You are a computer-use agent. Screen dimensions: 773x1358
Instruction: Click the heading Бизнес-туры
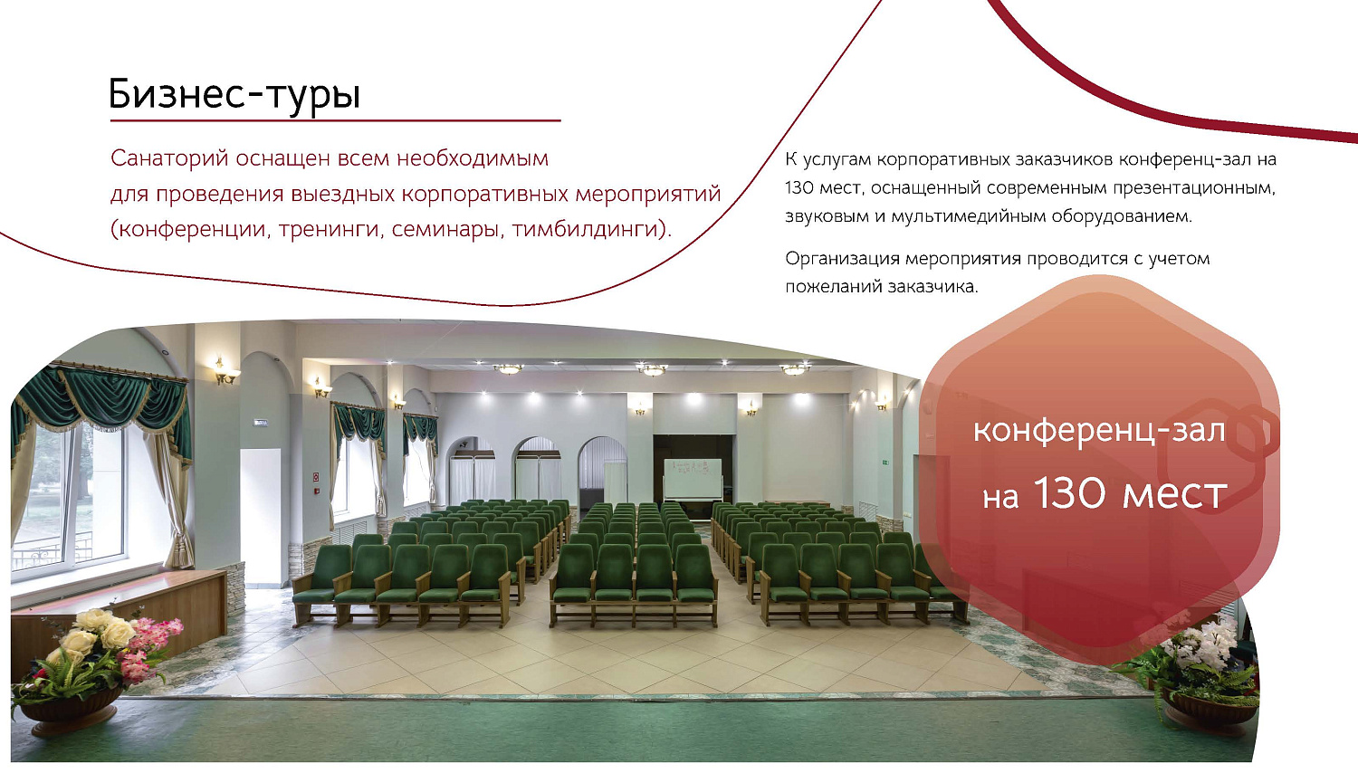[x=234, y=94]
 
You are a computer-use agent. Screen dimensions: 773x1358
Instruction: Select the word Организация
[x=842, y=259]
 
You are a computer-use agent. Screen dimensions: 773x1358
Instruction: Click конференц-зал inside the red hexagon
[x=1098, y=431]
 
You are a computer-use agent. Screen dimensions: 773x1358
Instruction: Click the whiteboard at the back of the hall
[x=693, y=478]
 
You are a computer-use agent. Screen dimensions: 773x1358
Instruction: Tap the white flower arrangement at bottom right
[x=1204, y=647]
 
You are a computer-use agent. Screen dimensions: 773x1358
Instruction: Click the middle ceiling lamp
[x=652, y=368]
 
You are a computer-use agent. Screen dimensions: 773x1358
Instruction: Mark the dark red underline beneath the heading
[x=335, y=120]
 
